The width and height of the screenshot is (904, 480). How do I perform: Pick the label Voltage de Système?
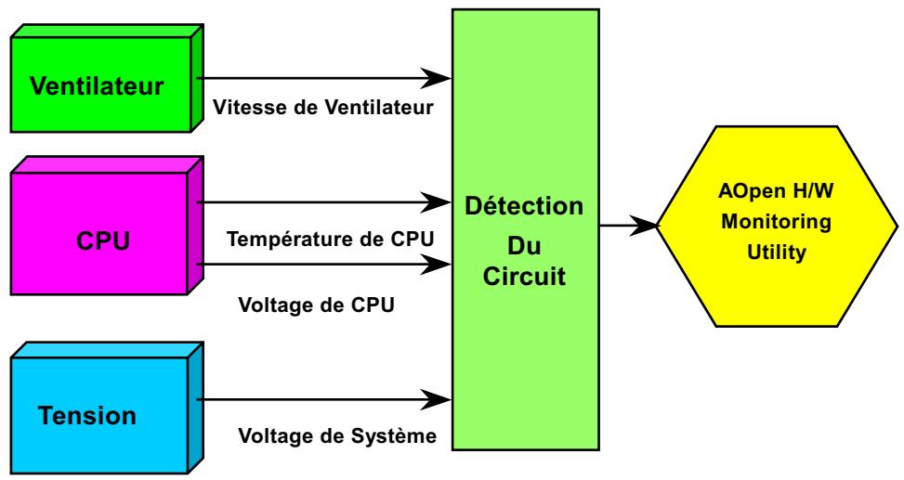337,435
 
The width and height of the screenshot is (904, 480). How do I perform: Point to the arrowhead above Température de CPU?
439,201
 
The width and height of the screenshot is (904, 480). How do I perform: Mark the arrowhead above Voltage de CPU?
439,264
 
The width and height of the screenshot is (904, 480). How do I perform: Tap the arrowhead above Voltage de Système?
439,401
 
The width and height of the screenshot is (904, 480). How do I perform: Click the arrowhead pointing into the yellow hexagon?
646,225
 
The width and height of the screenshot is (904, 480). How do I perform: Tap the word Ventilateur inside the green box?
97,87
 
